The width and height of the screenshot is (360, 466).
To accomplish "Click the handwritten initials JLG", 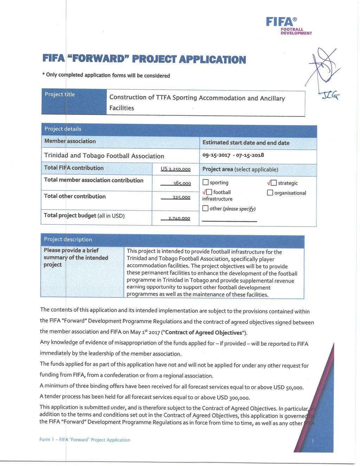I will (330, 95).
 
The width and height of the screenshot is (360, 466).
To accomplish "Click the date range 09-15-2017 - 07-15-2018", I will (233, 155).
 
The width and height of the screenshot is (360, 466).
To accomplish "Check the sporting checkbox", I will (206, 183).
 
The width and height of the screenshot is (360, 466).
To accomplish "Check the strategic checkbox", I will (274, 183).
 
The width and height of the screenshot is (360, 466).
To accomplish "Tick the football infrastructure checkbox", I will (209, 192).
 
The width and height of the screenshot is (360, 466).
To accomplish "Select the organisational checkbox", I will (270, 193).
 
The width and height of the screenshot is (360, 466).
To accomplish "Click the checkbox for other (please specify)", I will (205, 208).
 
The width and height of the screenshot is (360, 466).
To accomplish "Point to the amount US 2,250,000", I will (175, 169).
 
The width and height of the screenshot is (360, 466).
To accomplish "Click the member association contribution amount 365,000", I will (182, 183).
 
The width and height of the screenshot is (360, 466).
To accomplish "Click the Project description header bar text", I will (68, 239).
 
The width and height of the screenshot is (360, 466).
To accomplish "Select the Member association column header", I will (70, 141).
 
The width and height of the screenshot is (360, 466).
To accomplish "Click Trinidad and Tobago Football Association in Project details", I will (104, 156).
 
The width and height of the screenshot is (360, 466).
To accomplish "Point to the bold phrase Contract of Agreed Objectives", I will (204, 332).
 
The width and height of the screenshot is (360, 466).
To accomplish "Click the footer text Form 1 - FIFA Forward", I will (85, 440).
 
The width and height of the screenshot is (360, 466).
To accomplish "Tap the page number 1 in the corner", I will (313, 441).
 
